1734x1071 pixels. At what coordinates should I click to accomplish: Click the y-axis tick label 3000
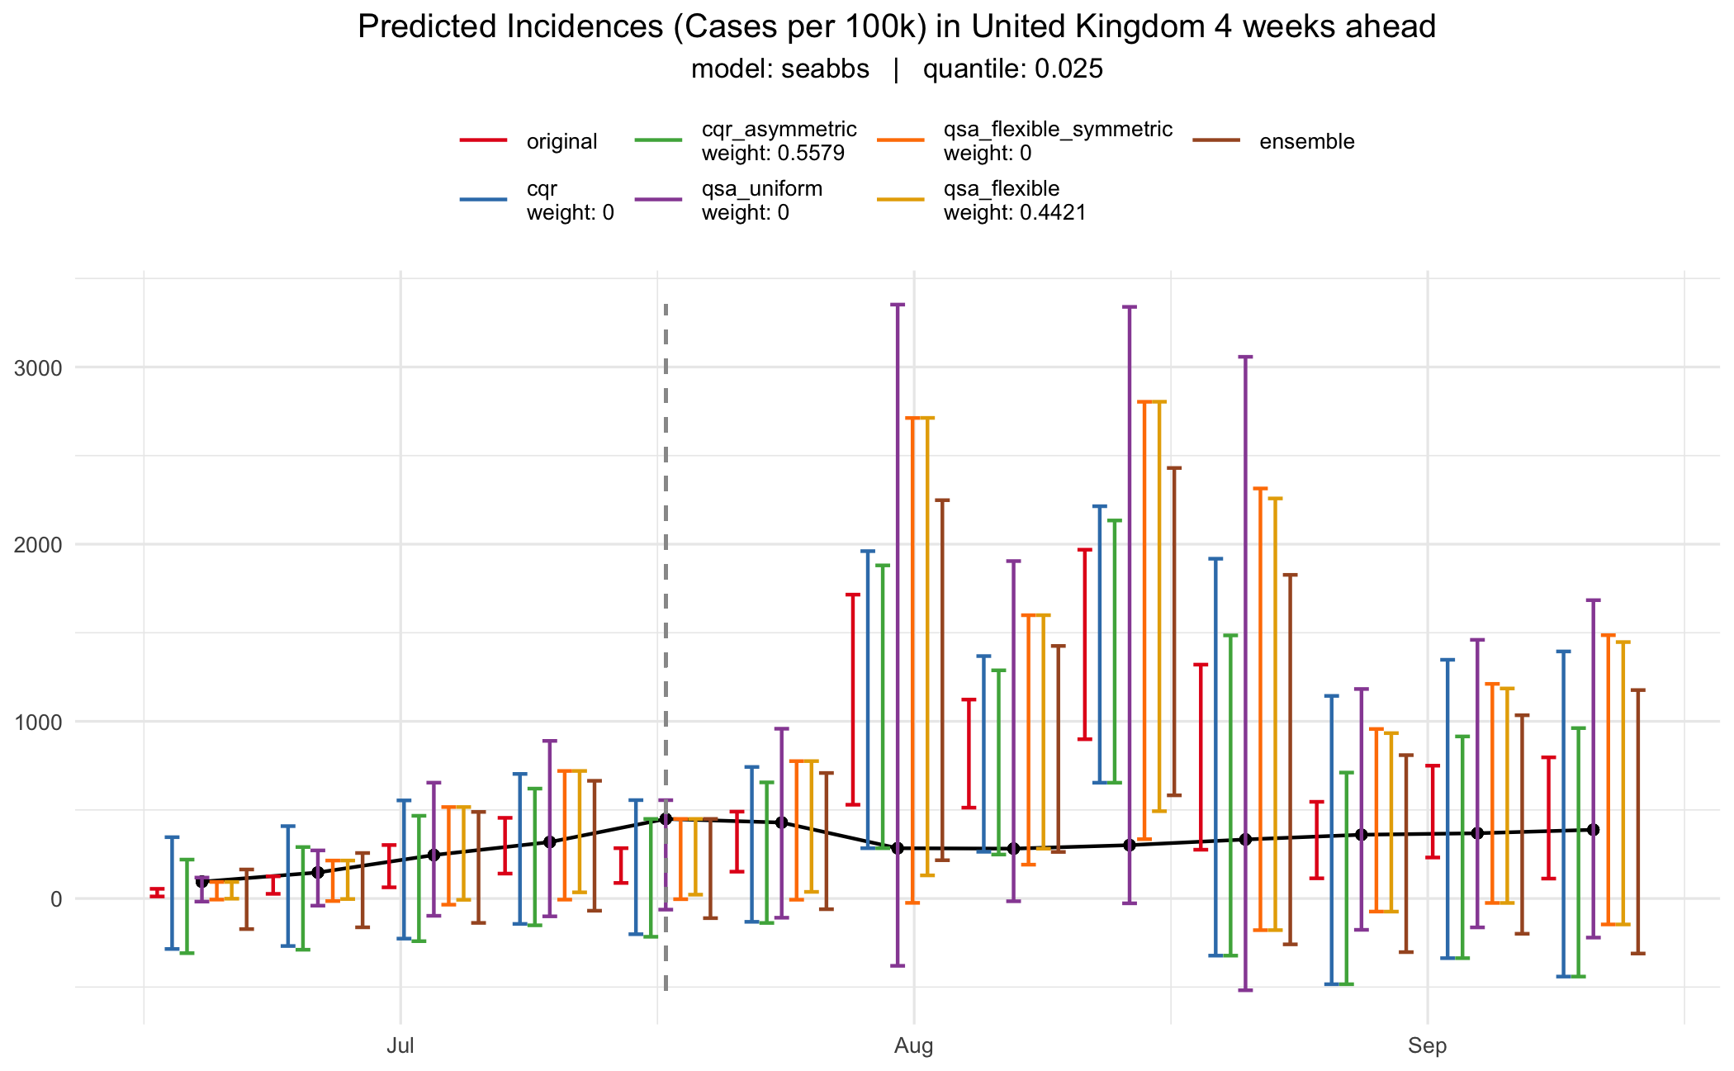pos(39,368)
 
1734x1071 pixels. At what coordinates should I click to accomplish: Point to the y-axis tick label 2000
pos(39,545)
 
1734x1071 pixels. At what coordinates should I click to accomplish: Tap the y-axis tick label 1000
pos(39,723)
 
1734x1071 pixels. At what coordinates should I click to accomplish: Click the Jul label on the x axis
pos(400,1046)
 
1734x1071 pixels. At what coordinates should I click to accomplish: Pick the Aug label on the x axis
pos(913,1046)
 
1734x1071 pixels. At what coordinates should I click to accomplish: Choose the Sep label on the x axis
pos(1427,1046)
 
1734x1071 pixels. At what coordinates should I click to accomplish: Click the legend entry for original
pos(561,141)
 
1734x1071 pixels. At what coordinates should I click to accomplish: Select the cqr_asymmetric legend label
pos(779,130)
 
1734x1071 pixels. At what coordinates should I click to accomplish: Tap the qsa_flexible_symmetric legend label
pos(1058,130)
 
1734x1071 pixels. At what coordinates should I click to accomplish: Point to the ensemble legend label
pos(1306,141)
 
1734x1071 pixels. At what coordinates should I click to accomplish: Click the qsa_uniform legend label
pos(761,189)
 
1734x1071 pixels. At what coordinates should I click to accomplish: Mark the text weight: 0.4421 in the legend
pos(1015,212)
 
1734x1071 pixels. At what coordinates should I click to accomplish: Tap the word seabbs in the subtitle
pos(825,69)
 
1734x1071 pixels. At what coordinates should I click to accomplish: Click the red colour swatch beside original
pos(483,141)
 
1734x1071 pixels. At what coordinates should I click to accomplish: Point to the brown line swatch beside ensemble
pos(1216,141)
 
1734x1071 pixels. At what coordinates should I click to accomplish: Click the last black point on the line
pos(1594,829)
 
